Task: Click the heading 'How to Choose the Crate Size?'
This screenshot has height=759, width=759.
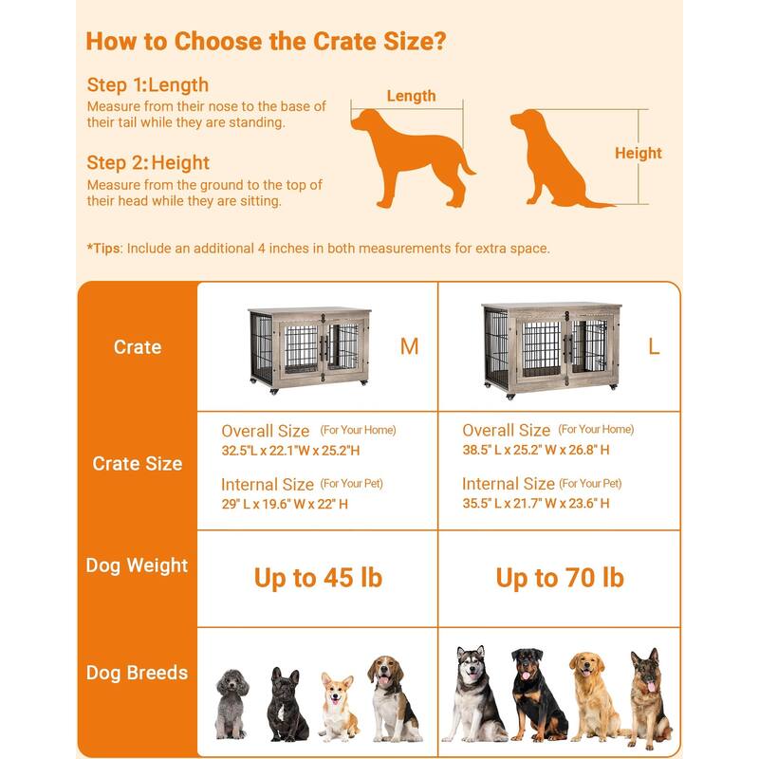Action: [x=266, y=42]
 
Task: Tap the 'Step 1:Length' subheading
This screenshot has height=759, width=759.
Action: [x=148, y=84]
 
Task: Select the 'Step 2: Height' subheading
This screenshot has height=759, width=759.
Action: [x=148, y=162]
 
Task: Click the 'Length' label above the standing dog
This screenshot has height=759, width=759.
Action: [x=411, y=96]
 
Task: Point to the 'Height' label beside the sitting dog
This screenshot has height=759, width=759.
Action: [x=638, y=153]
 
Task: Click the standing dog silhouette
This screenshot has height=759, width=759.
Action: [x=412, y=157]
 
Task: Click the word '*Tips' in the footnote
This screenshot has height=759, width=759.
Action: [x=103, y=249]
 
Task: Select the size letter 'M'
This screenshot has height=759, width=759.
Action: [x=410, y=346]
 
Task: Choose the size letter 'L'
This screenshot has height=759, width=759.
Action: [x=654, y=346]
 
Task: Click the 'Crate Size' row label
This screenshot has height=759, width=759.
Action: [x=138, y=464]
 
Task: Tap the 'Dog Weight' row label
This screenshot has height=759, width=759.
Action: [x=137, y=565]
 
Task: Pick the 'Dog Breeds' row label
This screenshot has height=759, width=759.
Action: [x=137, y=673]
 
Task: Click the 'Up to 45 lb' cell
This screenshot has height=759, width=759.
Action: [x=318, y=578]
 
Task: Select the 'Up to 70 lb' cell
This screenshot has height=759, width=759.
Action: [x=560, y=578]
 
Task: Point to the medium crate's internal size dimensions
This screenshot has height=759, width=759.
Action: [x=285, y=504]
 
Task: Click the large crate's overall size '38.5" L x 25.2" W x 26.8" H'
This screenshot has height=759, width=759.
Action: [x=536, y=450]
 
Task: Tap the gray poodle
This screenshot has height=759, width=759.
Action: [x=231, y=704]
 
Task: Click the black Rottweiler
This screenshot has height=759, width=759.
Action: [x=538, y=694]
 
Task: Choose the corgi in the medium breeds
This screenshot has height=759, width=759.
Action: [x=340, y=707]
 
